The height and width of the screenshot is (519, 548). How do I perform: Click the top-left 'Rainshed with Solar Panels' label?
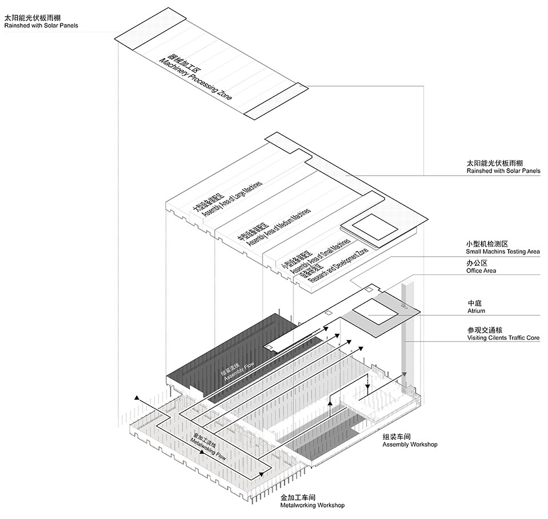[41, 26]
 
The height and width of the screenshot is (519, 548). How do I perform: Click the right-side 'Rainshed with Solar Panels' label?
[503, 171]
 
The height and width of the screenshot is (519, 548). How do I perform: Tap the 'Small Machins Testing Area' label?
[503, 252]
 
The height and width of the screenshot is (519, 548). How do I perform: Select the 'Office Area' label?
[481, 271]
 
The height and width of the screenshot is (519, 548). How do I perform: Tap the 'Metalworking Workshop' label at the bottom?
[312, 505]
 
